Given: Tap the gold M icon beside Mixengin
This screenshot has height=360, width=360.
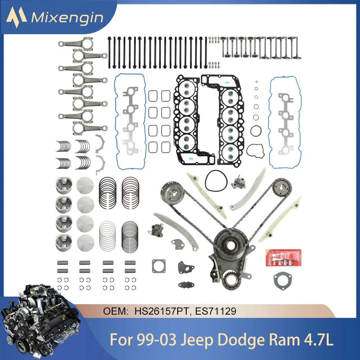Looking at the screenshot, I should click(18, 16).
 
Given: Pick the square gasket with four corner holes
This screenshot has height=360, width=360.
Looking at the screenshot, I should click(159, 267).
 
